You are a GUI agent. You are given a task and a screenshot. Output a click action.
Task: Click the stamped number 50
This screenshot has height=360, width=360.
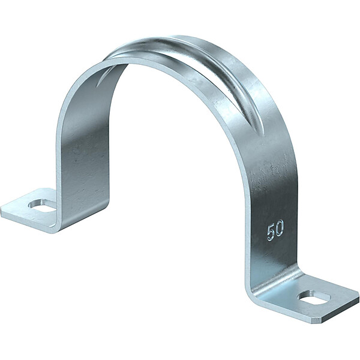tap(275, 231)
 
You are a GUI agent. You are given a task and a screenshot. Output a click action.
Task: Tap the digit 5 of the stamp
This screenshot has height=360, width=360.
tap(271, 233)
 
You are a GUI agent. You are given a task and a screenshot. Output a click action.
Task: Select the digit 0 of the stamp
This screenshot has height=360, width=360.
tap(280, 229)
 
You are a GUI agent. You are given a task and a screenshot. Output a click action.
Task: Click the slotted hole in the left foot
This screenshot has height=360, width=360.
tap(42, 205)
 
